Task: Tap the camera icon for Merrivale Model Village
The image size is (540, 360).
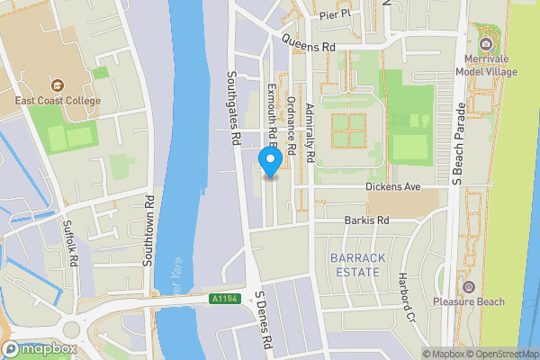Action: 487,43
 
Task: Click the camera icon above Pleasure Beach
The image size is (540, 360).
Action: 468,286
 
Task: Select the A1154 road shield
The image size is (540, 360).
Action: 224,299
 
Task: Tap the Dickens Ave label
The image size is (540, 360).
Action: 393,187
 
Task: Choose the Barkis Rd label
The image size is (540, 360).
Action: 366,220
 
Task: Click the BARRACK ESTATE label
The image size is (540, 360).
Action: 357,264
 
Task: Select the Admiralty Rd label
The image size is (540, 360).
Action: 309,132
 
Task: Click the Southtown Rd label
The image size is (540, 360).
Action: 149,231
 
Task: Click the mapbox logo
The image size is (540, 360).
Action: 38,348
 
